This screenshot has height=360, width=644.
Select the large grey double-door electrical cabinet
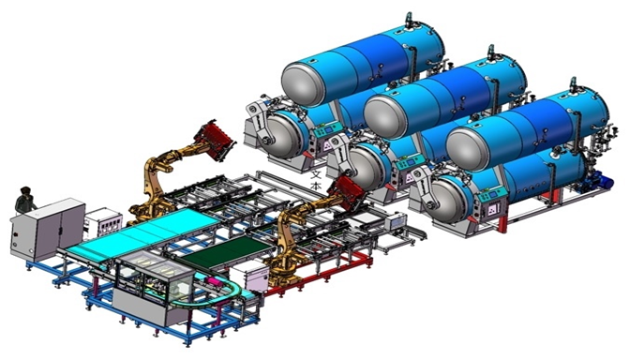[x=47, y=229]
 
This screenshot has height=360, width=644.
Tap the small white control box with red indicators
[x=103, y=223]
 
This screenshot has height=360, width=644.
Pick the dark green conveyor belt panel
[x=226, y=251]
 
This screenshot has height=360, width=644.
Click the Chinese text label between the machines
[x=316, y=180]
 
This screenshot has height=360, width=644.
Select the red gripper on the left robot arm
[x=215, y=141]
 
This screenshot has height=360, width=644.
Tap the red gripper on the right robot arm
[x=346, y=192]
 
